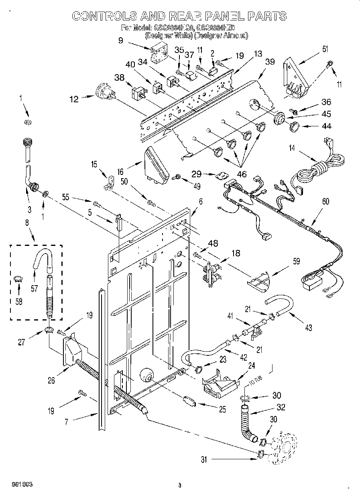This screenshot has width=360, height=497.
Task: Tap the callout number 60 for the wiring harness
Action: (325, 202)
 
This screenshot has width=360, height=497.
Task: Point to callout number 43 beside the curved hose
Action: (308, 328)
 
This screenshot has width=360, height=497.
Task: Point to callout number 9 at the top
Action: (120, 40)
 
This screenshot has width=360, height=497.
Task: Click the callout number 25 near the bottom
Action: (222, 410)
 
